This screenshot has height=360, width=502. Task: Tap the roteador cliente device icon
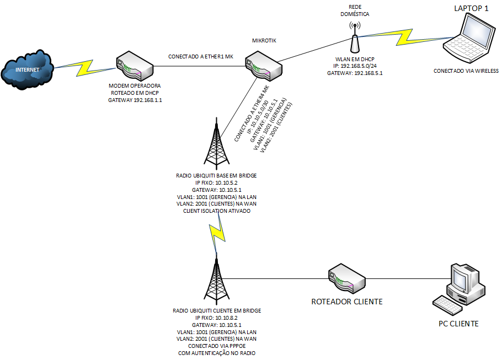[x=346, y=278]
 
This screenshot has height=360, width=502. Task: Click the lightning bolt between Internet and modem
[x=89, y=67]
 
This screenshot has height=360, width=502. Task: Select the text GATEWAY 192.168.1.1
[x=135, y=101]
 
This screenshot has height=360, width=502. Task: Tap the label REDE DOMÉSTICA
[x=355, y=9]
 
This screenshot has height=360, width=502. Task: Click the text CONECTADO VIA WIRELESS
[x=466, y=71]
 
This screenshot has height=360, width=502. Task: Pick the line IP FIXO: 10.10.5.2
[x=216, y=182]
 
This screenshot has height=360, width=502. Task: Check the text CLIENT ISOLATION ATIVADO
[x=216, y=211]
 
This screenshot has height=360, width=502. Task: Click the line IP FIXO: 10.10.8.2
[x=216, y=318]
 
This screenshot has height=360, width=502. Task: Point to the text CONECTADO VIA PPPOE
[x=216, y=346]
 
